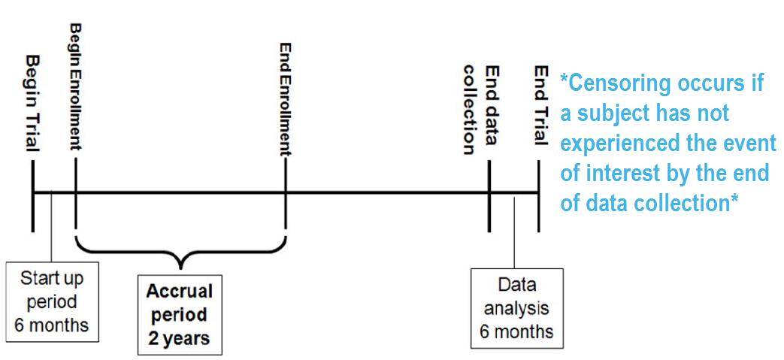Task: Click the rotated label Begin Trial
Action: coord(32,101)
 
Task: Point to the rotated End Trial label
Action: coord(540,104)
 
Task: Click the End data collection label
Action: coord(480,109)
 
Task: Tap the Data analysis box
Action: coord(516,308)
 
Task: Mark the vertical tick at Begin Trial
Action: coord(33,198)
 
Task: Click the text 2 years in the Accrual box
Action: coord(180,339)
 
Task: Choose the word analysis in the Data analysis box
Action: coord(516,308)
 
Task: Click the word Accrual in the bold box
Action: coord(180,291)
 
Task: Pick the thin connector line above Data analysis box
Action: coord(514,233)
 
